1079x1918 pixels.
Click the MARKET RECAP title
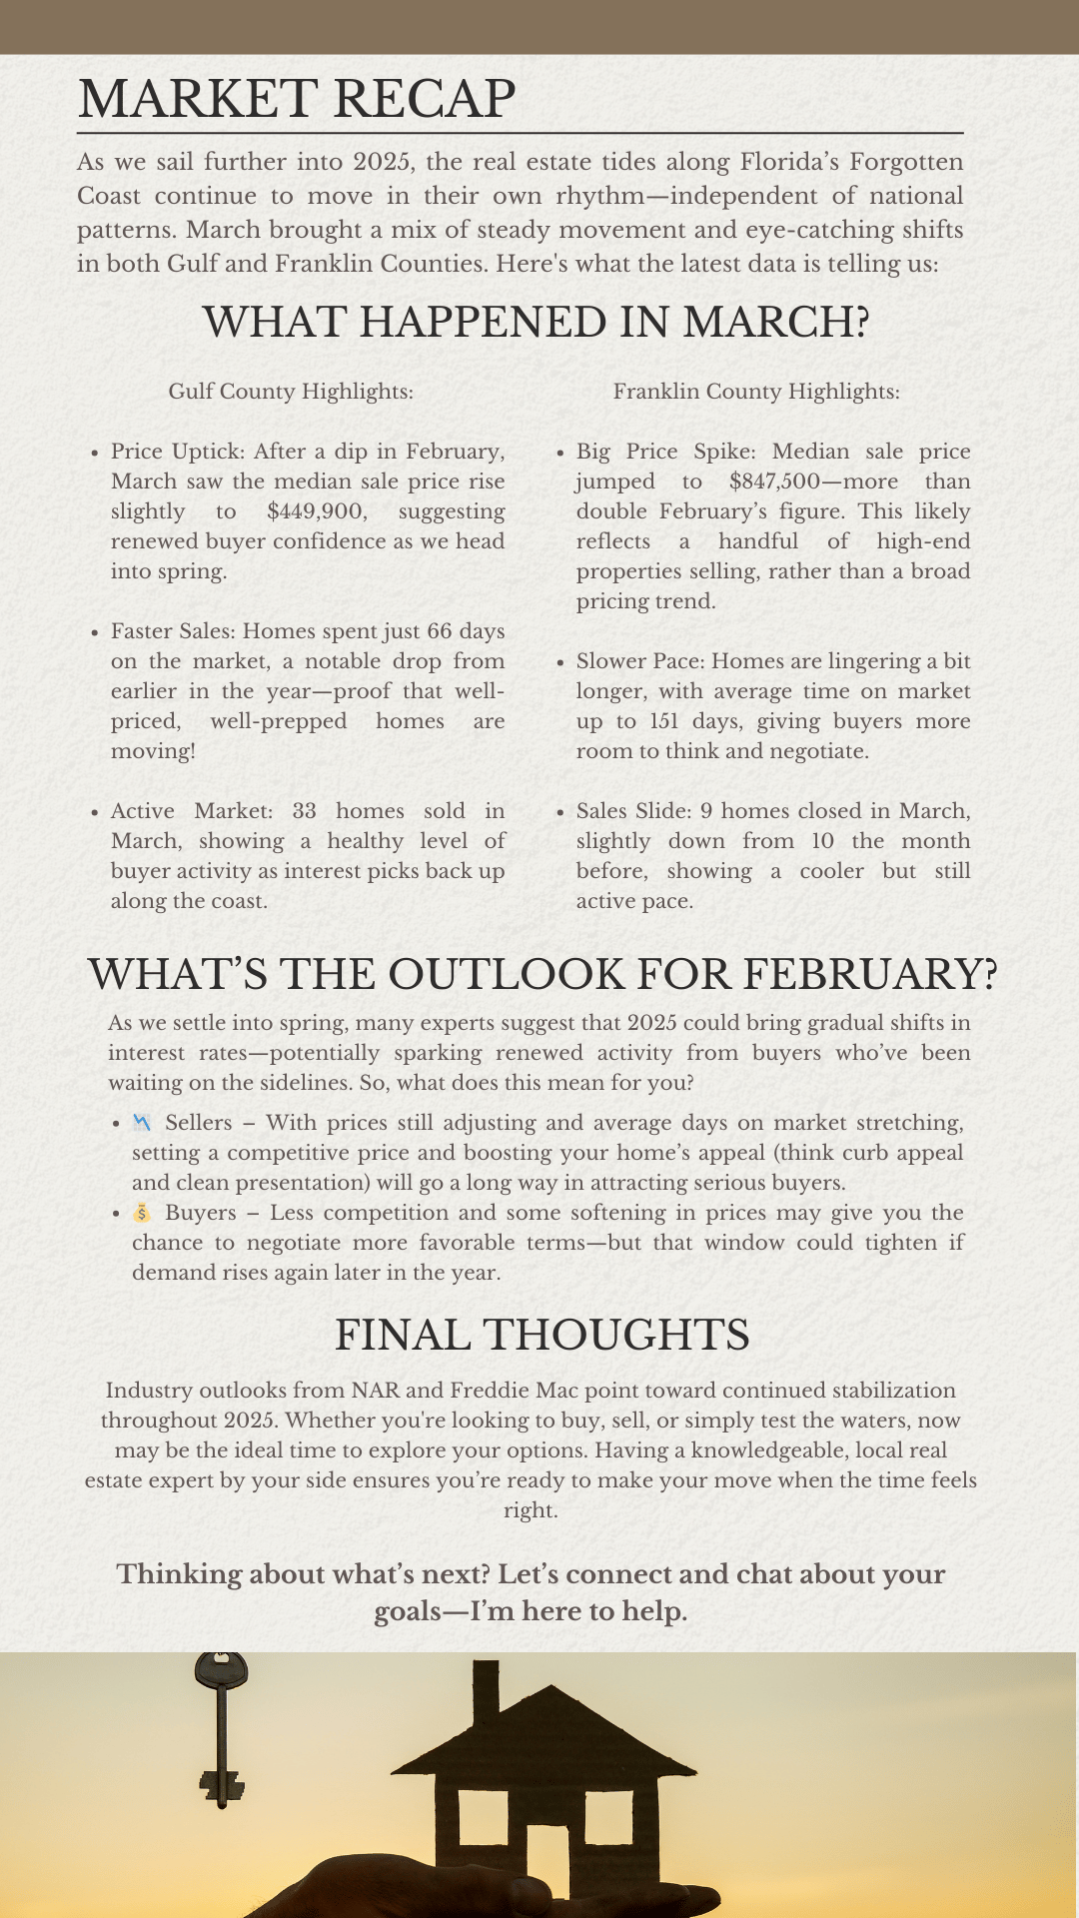coord(297,99)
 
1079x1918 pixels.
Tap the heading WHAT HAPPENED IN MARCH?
coord(536,323)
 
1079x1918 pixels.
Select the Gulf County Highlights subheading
coord(291,392)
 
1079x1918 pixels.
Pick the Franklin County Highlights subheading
coord(756,392)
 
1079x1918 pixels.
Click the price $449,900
coord(316,511)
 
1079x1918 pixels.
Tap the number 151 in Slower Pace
coord(663,721)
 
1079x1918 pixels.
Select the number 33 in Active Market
coord(304,811)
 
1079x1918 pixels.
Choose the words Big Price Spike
coord(633,452)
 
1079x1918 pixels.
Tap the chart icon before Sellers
coord(142,1123)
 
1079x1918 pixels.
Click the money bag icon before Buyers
coord(142,1213)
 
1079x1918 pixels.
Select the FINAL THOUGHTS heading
coord(541,1336)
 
